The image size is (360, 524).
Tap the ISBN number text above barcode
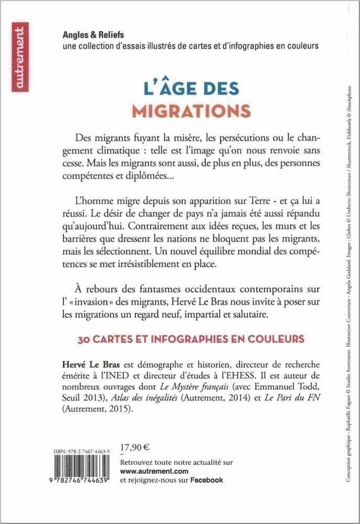click(84, 450)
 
